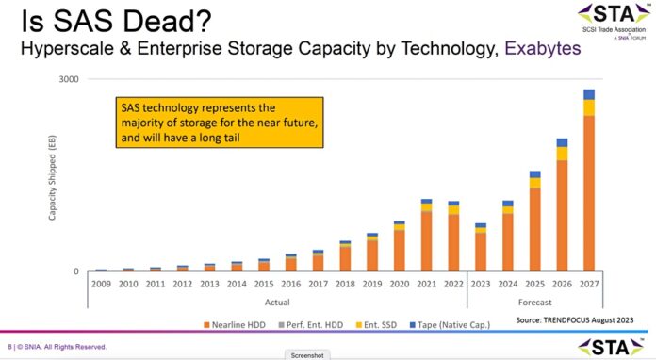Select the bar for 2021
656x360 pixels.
click(426, 236)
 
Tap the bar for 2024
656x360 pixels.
click(507, 237)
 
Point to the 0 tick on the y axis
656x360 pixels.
click(75, 271)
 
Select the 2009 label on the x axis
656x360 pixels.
click(101, 283)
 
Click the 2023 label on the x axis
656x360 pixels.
click(481, 283)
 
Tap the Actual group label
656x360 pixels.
click(276, 302)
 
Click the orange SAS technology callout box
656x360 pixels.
click(218, 122)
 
